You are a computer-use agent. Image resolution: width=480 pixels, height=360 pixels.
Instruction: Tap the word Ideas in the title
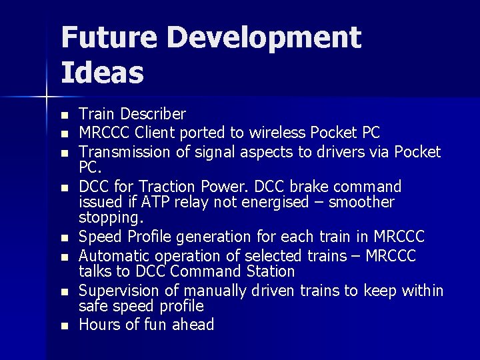102,73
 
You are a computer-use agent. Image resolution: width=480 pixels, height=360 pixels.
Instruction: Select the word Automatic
113,255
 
